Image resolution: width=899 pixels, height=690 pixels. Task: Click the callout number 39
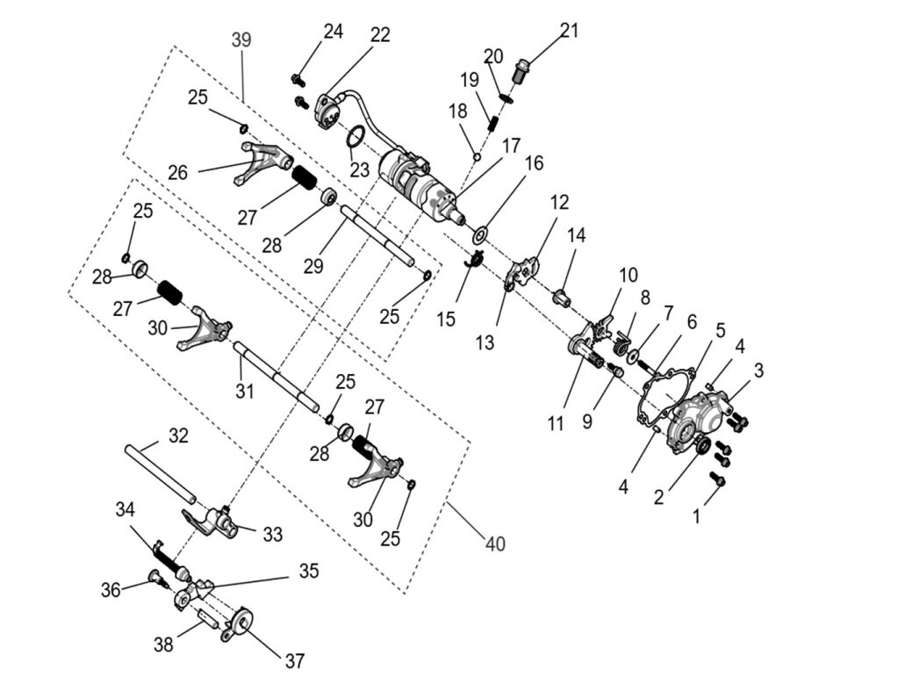241,40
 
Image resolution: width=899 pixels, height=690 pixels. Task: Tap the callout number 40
495,544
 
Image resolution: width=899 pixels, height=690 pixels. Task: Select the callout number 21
569,32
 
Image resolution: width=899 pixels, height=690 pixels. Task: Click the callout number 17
512,145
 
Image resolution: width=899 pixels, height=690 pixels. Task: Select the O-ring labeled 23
356,138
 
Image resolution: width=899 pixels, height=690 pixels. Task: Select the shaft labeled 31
276,377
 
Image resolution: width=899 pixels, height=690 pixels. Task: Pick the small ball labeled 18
477,158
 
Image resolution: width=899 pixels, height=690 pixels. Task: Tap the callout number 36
111,590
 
